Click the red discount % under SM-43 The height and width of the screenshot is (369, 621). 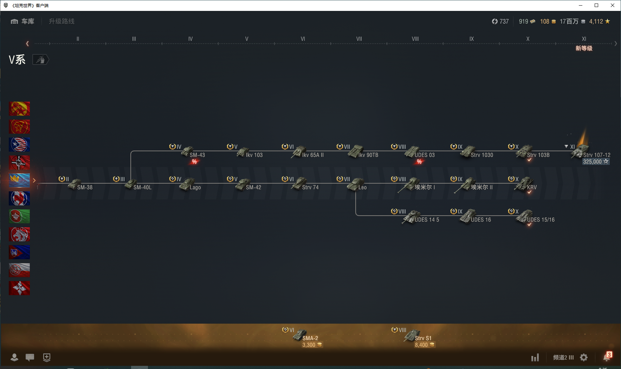pyautogui.click(x=194, y=162)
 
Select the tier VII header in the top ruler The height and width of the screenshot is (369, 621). pyautogui.click(x=359, y=39)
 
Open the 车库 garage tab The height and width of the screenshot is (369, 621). pyautogui.click(x=23, y=21)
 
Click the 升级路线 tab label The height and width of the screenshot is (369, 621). pyautogui.click(x=62, y=21)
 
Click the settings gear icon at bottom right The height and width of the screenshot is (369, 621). pyautogui.click(x=584, y=357)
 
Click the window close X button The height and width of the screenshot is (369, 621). pyautogui.click(x=613, y=5)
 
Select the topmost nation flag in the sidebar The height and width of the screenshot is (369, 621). pyautogui.click(x=19, y=109)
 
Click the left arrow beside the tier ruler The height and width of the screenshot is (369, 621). pyautogui.click(x=27, y=44)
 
